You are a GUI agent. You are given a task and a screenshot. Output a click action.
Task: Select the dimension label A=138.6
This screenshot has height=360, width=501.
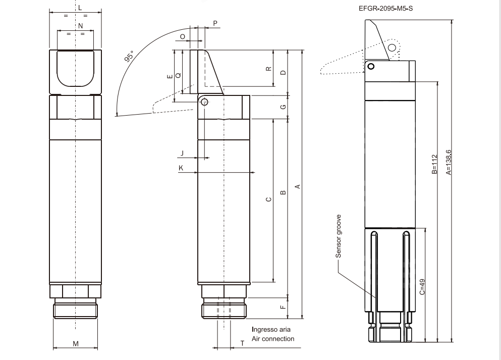click(x=449, y=162)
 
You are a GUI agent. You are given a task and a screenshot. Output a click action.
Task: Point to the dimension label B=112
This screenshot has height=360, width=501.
click(x=434, y=165)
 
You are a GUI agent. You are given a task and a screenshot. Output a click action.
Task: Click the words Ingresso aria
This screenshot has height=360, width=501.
click(x=271, y=330)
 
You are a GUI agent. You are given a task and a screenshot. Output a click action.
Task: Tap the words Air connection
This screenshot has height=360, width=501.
click(x=273, y=339)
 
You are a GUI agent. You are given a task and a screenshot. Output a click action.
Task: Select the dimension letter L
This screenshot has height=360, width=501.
click(x=80, y=8)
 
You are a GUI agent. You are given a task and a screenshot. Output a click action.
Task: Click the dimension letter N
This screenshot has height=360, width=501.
click(x=80, y=25)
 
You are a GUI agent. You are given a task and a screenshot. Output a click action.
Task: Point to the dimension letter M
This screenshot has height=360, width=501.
click(x=76, y=344)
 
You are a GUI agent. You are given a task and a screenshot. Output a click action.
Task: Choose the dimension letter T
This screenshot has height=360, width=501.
click(x=242, y=343)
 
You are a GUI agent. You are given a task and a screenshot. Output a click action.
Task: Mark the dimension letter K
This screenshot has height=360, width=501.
click(x=181, y=167)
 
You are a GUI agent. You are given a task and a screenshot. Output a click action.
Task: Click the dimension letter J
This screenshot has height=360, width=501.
click(x=182, y=152)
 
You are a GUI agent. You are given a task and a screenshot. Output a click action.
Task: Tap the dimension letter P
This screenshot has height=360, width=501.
click(x=215, y=24)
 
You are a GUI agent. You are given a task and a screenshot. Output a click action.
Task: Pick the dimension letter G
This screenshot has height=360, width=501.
click(x=283, y=107)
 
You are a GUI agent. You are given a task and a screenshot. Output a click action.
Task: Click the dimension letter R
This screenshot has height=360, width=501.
click(x=268, y=69)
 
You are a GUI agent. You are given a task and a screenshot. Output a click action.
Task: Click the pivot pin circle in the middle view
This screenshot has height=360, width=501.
click(x=204, y=102)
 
